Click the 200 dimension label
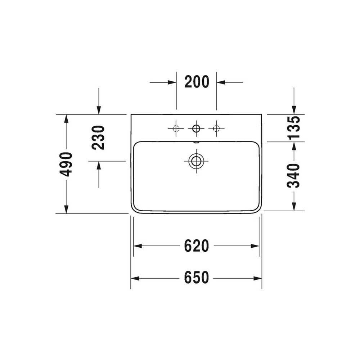197,82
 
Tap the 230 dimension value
98,138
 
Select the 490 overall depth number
66,165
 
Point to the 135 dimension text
293,128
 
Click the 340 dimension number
293,176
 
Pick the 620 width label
197,246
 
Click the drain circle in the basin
196,161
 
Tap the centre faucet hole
196,129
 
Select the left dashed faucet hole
176,129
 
